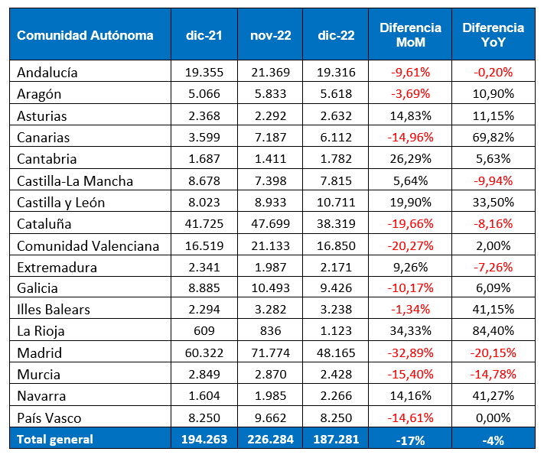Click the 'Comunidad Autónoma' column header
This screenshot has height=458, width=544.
tap(85, 35)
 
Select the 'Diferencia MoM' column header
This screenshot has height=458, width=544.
tap(410, 35)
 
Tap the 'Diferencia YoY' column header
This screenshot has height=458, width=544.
tap(493, 35)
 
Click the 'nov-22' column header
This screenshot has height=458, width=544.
tap(269, 35)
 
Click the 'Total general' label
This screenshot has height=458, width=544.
tap(55, 439)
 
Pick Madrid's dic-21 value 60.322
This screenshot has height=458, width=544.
tap(204, 353)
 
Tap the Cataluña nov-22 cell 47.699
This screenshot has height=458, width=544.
tap(269, 224)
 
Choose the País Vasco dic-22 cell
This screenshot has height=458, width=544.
tap(334, 418)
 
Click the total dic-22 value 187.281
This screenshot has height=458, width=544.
tap(334, 439)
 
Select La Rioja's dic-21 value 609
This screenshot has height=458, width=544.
tap(204, 332)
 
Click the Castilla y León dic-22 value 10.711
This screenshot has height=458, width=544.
tap(334, 203)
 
